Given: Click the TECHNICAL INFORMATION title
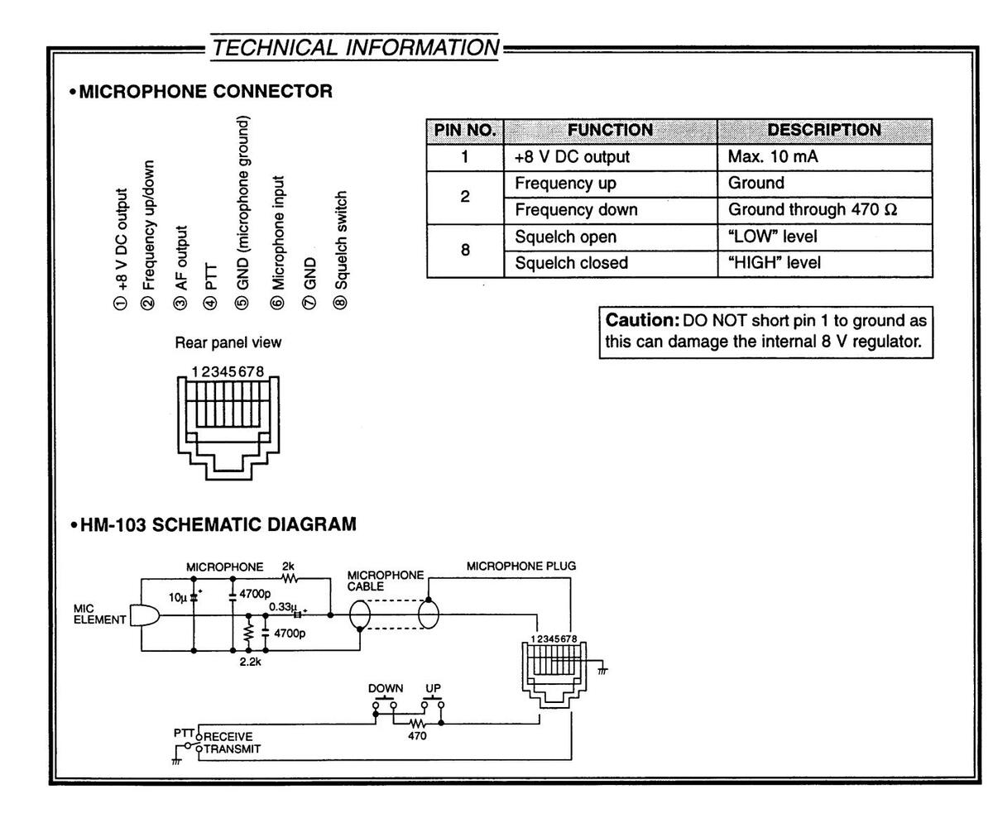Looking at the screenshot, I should coord(356,48).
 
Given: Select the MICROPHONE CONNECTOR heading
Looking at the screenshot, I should coord(205,91).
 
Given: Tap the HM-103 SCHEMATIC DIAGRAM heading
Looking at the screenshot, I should coord(218,524).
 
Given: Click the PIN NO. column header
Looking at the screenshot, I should coord(464,131).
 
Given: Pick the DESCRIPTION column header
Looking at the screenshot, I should coord(823,131).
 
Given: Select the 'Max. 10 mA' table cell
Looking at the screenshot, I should coord(772,157).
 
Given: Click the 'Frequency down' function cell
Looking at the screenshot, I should coord(576,210).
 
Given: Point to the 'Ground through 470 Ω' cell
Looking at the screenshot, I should coord(812,210).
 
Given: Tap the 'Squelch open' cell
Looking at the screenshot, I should coord(565,237).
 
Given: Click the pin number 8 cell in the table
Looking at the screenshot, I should coord(465,250).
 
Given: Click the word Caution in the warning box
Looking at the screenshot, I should coord(642,320).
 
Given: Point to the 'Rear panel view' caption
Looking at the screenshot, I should coord(228,342).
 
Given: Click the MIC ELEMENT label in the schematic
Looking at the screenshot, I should coord(99,615).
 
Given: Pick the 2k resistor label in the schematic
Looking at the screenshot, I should coord(288,567).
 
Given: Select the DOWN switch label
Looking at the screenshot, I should coord(386,688).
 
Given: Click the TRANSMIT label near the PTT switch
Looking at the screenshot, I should coord(232,749).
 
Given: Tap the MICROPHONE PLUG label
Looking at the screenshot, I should coord(521,567).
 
